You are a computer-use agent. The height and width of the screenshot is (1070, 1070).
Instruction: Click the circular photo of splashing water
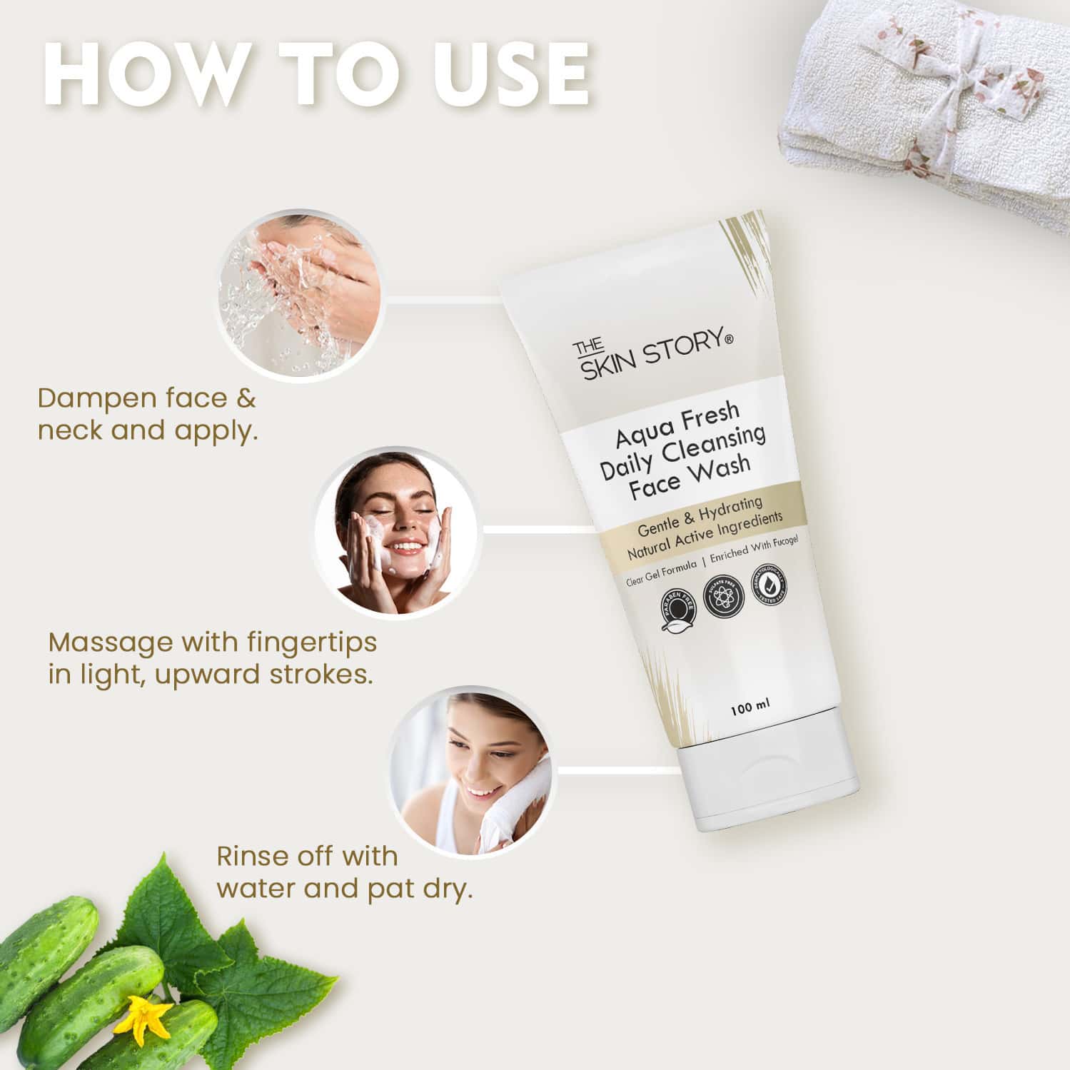coord(299,293)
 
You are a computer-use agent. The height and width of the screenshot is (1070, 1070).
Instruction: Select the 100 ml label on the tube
coord(749,708)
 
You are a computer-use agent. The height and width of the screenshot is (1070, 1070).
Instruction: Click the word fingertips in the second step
coord(311,642)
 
